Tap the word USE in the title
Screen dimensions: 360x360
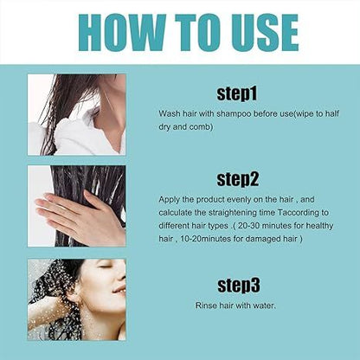(256, 32)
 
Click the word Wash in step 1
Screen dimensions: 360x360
(170, 113)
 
